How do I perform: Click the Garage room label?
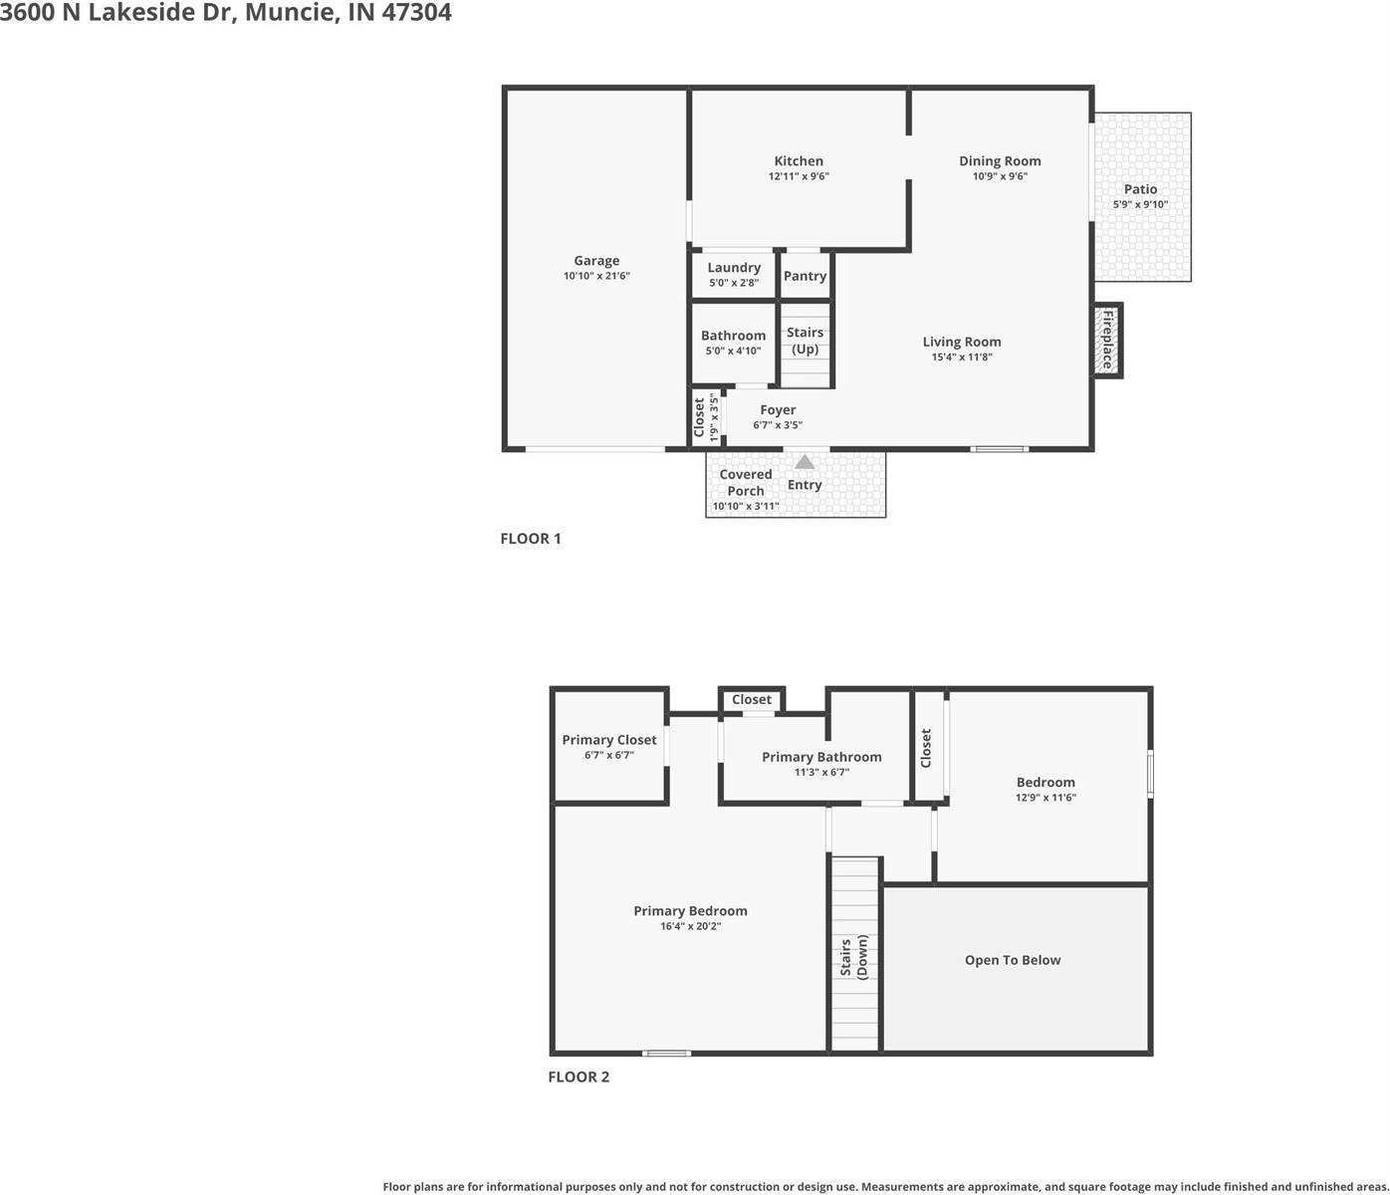(596, 261)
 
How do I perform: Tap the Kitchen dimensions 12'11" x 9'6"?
(799, 176)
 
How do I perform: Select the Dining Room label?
(1000, 161)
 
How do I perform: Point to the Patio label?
(1140, 189)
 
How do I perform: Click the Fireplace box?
(1106, 340)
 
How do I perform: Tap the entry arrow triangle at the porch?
(805, 462)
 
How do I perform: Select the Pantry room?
(805, 276)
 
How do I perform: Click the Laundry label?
(734, 268)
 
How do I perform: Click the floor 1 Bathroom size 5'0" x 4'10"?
(733, 351)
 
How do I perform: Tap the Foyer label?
(778, 410)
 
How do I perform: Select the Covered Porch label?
(746, 482)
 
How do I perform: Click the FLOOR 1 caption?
(531, 539)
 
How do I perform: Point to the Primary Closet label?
(609, 740)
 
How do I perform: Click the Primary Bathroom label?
(821, 757)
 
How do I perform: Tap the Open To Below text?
(1013, 960)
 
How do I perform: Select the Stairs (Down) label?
(853, 957)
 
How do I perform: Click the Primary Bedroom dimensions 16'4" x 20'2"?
(690, 926)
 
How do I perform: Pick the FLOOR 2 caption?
(579, 1076)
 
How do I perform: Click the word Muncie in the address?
(290, 13)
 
